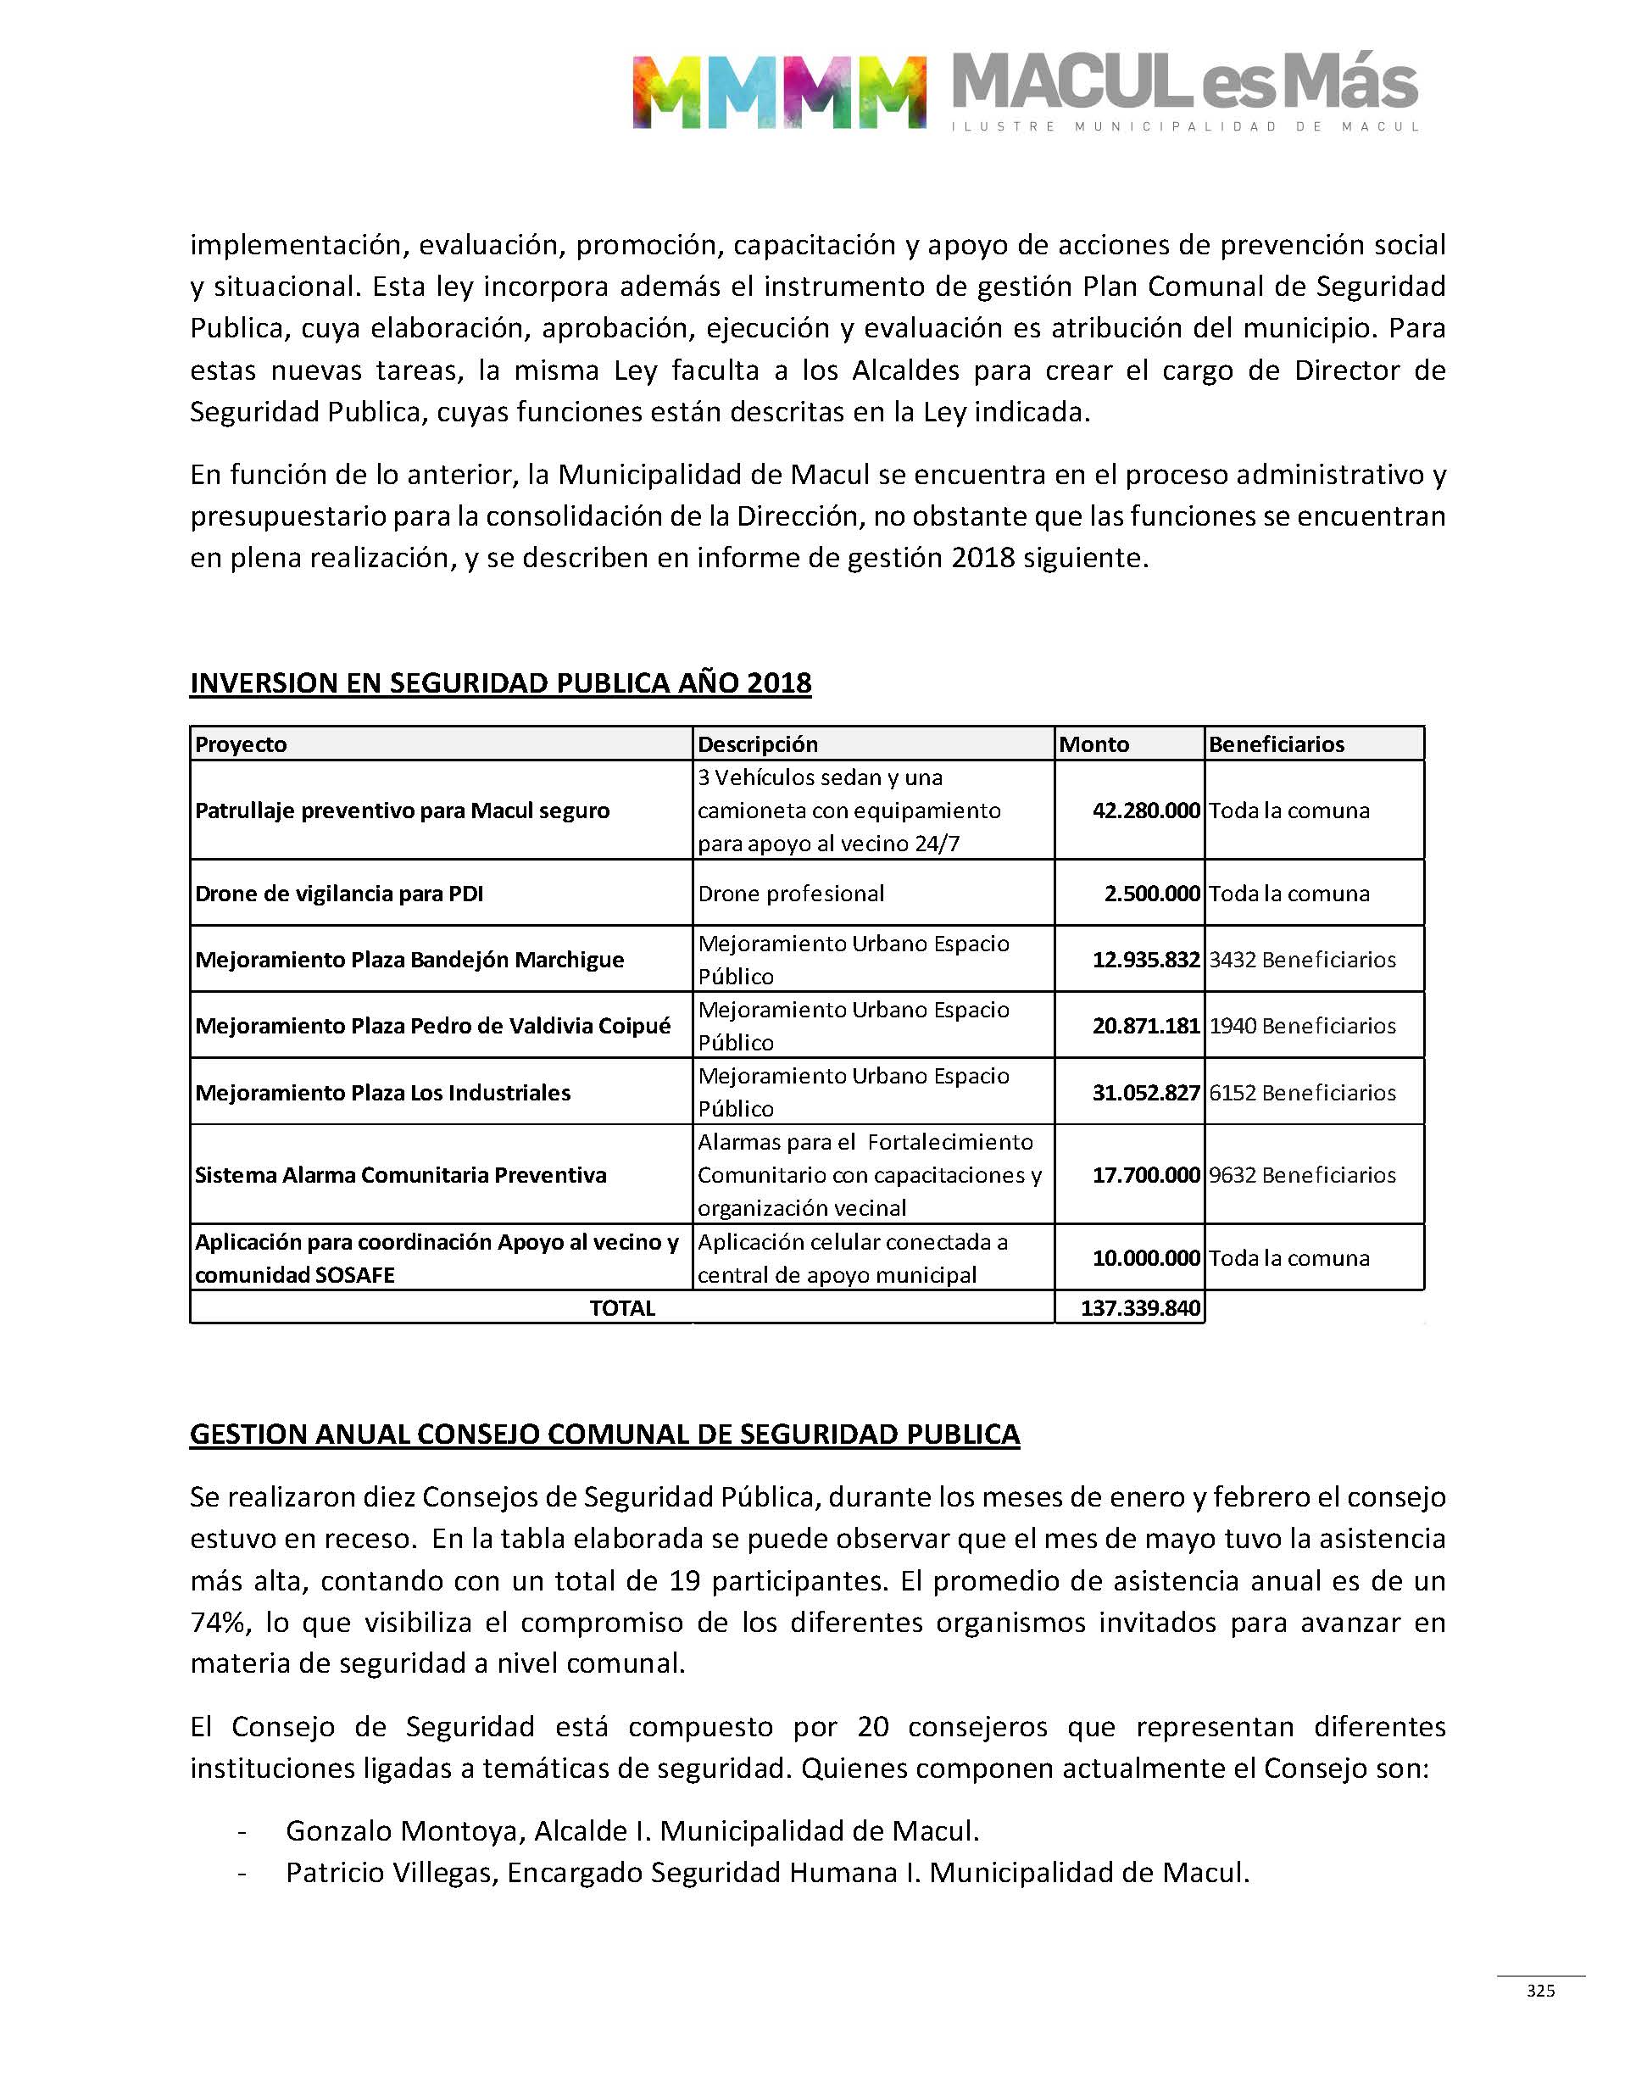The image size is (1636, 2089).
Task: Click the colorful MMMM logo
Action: [x=779, y=92]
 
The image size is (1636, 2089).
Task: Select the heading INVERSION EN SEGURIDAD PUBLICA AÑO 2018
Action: [x=500, y=683]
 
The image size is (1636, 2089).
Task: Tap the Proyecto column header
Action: [x=242, y=744]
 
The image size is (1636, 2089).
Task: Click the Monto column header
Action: [x=1093, y=744]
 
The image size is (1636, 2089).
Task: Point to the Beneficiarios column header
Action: [x=1276, y=744]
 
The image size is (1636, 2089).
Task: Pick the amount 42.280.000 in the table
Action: [x=1145, y=811]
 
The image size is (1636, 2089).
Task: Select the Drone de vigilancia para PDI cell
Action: [x=339, y=894]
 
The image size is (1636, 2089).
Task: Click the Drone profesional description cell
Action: [x=791, y=894]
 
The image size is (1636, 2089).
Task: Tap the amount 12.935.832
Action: [x=1145, y=960]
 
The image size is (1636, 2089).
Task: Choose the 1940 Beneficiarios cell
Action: [x=1302, y=1026]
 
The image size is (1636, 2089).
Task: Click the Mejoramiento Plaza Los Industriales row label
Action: [x=383, y=1093]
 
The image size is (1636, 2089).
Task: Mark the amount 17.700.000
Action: [x=1145, y=1175]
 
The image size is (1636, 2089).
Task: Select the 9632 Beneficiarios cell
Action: [x=1302, y=1175]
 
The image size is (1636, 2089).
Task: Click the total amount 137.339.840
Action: [x=1140, y=1308]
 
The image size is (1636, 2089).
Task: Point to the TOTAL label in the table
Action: [x=621, y=1308]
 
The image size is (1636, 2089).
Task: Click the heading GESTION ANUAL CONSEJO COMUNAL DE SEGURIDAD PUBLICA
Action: [x=604, y=1434]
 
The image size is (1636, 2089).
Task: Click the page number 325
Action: [x=1540, y=1991]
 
